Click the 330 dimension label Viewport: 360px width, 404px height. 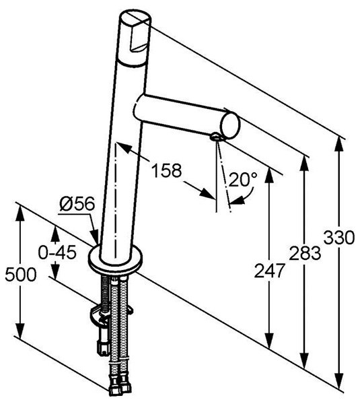(339, 238)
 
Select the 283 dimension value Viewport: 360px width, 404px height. (305, 253)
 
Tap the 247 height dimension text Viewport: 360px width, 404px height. (270, 271)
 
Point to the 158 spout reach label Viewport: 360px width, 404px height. (166, 170)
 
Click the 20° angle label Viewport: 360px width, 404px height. (243, 179)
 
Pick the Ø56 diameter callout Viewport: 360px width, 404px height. (77, 204)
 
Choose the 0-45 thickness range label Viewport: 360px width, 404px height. (57, 252)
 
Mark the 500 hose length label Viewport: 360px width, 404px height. (21, 274)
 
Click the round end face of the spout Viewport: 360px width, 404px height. (230, 126)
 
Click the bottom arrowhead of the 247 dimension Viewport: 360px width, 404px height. (270, 339)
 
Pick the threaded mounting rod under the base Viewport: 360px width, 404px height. (106, 294)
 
